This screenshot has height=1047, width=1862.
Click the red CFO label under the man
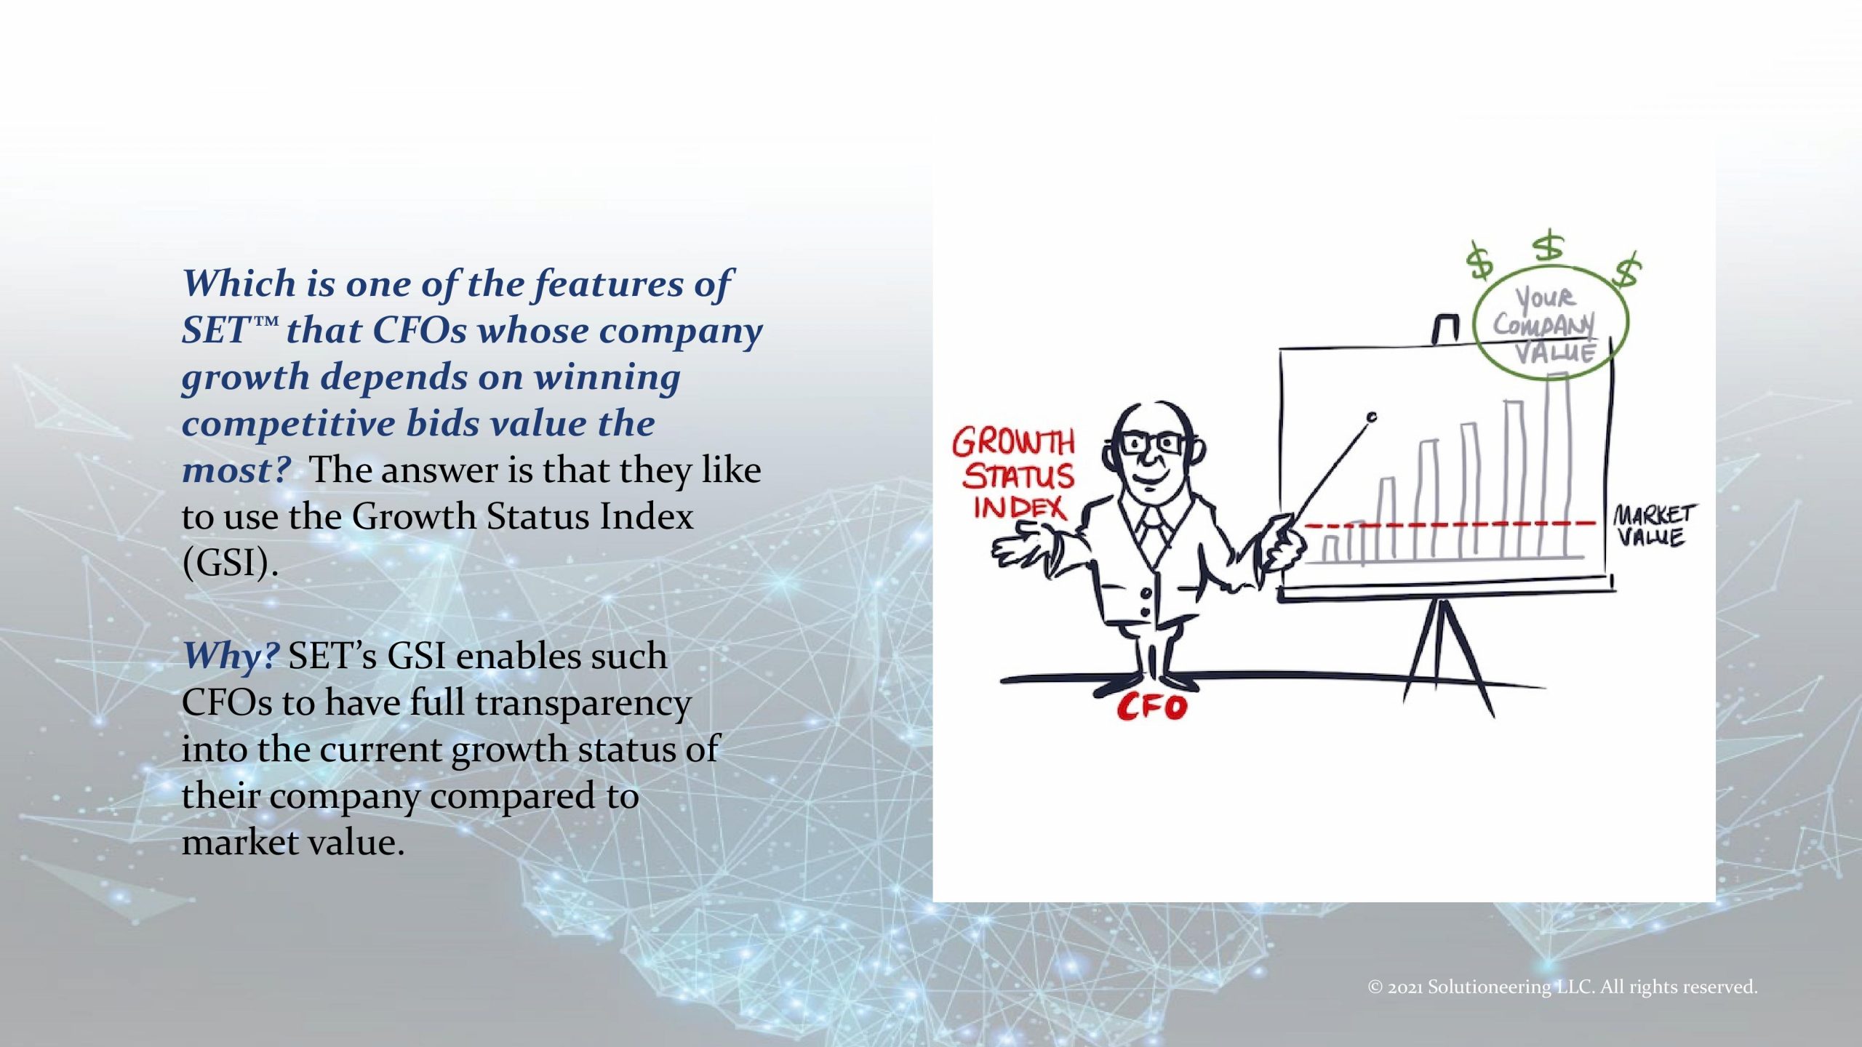pyautogui.click(x=1151, y=706)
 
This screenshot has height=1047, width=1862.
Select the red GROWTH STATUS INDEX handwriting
pyautogui.click(x=1013, y=474)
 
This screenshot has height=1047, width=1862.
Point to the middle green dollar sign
pyautogui.click(x=1549, y=246)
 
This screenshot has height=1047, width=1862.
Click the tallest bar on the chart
pyautogui.click(x=1557, y=465)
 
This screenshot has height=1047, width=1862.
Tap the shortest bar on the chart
pyautogui.click(x=1330, y=548)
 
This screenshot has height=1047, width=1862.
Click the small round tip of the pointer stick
pyautogui.click(x=1372, y=417)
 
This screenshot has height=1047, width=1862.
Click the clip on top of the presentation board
pyautogui.click(x=1446, y=329)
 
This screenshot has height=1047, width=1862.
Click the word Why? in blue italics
pyautogui.click(x=230, y=656)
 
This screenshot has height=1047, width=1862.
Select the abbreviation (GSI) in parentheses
pyautogui.click(x=230, y=563)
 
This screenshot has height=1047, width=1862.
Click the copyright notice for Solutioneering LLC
pyautogui.click(x=1562, y=987)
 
